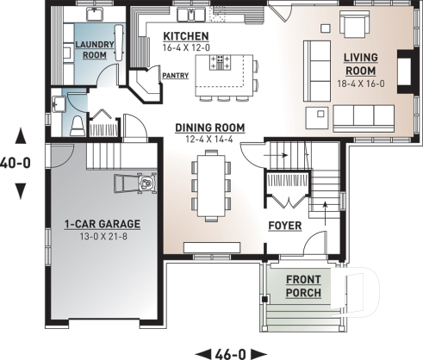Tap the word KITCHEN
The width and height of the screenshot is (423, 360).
pos(187,35)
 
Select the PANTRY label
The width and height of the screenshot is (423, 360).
pos(174,76)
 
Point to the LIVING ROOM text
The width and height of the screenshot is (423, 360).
pos(361,64)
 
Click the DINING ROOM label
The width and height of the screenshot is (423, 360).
pos(209,127)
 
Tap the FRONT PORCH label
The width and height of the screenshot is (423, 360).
pos(303,286)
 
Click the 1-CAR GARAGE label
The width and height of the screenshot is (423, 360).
pos(102,224)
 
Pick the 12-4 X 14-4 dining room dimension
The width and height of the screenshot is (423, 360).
pos(209,139)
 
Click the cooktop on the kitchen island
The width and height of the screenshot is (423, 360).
pos(220,62)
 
